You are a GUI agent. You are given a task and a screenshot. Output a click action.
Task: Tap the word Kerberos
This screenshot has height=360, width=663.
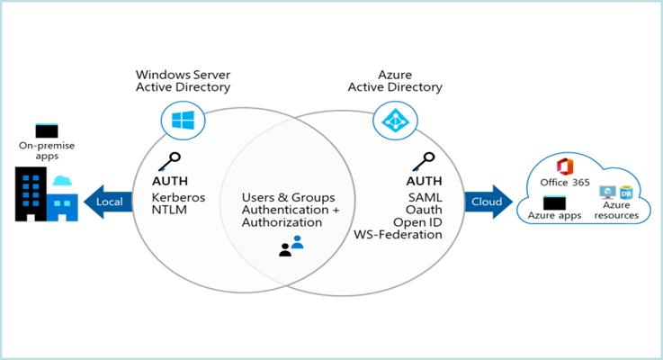(x=179, y=195)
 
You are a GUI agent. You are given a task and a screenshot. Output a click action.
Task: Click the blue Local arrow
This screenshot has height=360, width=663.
(x=106, y=201)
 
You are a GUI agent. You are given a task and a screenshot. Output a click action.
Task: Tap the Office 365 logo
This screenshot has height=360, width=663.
(x=566, y=166)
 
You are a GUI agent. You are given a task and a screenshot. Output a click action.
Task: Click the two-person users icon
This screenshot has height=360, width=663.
(x=291, y=246)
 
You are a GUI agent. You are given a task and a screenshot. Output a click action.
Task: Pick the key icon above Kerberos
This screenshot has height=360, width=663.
(x=166, y=163)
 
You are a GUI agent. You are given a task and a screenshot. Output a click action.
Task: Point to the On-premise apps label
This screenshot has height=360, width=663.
(x=40, y=149)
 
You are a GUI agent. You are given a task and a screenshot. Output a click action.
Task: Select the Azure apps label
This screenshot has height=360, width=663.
(x=551, y=216)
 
